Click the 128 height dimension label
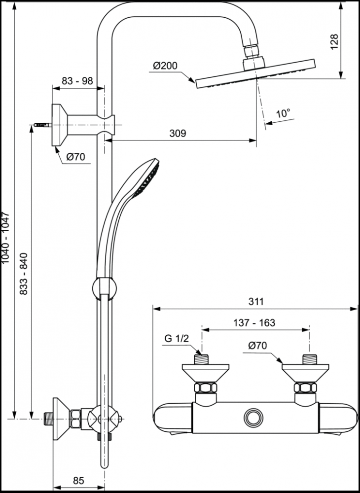click(x=334, y=43)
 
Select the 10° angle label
click(x=283, y=113)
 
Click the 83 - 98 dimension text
click(x=78, y=81)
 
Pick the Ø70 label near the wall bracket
click(x=76, y=157)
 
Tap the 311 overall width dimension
click(x=256, y=301)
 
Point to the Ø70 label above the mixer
click(x=258, y=346)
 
